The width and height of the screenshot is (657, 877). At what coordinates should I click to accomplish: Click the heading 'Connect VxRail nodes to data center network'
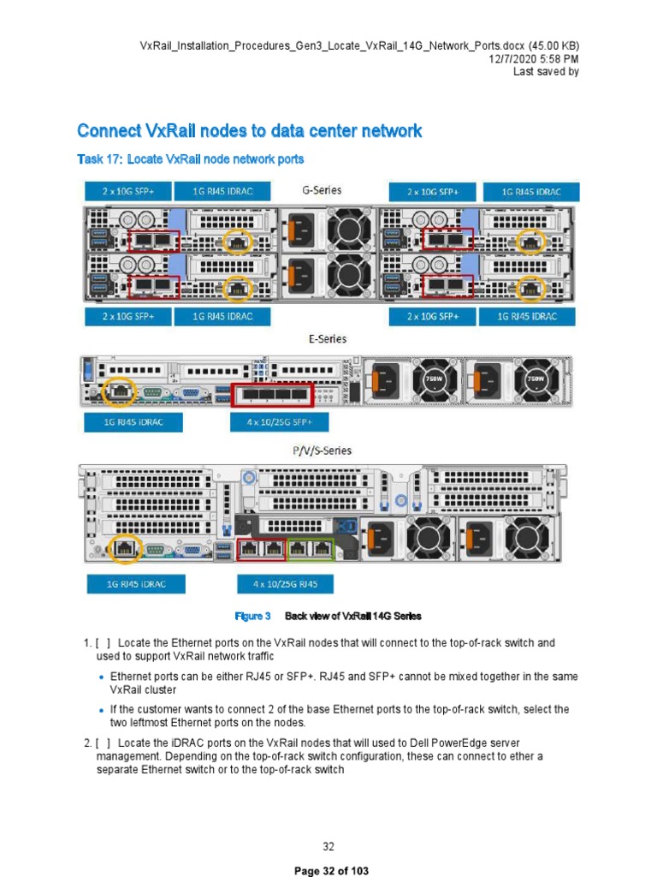click(x=249, y=131)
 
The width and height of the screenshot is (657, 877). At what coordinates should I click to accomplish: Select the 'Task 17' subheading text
click(x=190, y=159)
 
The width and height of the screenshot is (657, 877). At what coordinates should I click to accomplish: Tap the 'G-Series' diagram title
click(x=323, y=190)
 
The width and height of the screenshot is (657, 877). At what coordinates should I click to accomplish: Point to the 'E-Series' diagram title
click(x=328, y=339)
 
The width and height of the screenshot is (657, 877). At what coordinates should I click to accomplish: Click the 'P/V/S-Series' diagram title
click(x=322, y=450)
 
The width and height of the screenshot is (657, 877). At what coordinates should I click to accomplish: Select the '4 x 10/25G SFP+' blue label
click(x=279, y=422)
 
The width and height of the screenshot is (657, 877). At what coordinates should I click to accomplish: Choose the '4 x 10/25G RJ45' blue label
click(x=285, y=584)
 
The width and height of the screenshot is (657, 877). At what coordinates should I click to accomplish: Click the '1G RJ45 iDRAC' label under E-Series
click(x=124, y=422)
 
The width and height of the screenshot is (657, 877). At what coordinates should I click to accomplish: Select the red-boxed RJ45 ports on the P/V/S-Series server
click(x=261, y=549)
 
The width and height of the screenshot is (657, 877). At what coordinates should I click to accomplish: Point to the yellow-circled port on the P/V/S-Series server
click(x=124, y=547)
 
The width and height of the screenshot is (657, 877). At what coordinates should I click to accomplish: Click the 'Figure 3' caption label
click(x=252, y=616)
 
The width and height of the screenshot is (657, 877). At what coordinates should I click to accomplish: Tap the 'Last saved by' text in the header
click(x=546, y=72)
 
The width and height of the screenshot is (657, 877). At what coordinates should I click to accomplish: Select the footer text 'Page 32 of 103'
click(x=331, y=870)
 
